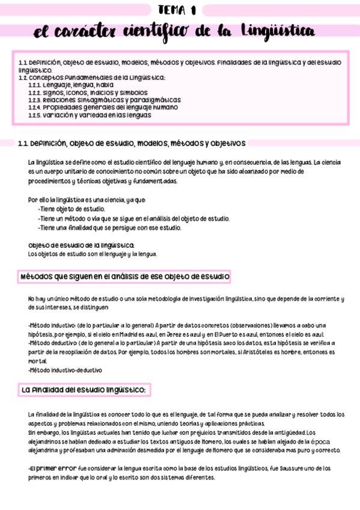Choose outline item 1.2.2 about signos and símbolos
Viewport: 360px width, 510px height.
tap(79, 93)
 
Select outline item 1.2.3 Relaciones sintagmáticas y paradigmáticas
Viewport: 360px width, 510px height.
tap(104, 100)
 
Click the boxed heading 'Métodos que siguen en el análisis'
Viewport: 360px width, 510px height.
tap(125, 277)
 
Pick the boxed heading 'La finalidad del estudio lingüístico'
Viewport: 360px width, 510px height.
tap(84, 390)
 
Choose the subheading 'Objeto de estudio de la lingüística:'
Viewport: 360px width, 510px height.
tap(81, 245)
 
